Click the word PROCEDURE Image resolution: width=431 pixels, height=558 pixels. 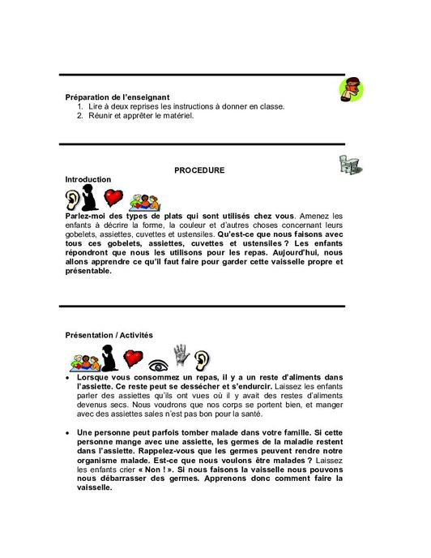pos(199,170)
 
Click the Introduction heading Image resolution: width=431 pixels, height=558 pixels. pos(88,179)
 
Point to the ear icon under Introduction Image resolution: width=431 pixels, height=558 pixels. pos(74,199)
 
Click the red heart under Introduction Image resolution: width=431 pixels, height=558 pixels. pos(114,198)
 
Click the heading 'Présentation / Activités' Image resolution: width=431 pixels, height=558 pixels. pos(109,335)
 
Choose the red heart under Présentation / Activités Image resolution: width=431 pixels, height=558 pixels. pos(133,358)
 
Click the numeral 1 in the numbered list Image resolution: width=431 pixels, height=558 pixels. pos(80,106)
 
